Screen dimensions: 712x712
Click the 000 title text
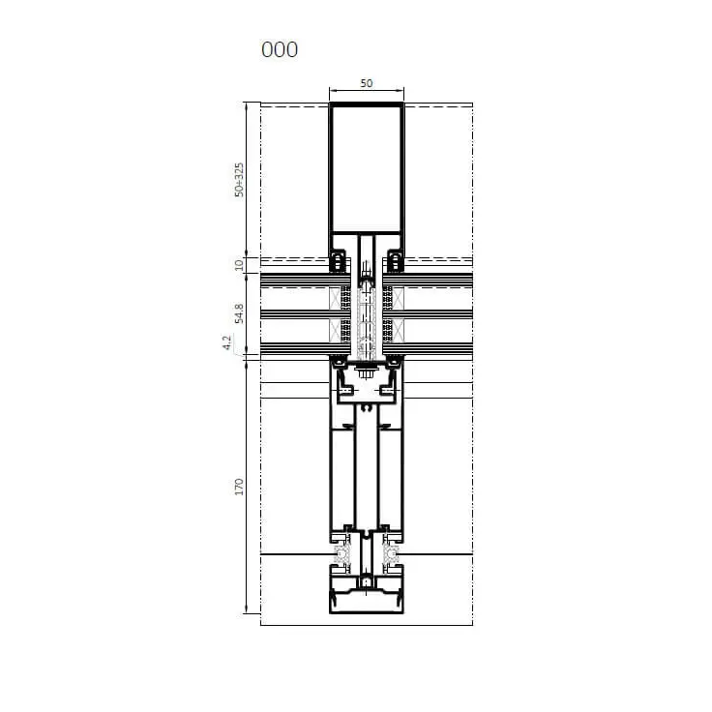(280, 49)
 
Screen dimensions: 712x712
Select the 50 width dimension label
(366, 83)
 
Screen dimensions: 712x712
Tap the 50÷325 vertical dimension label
(239, 180)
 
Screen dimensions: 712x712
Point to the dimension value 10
(239, 264)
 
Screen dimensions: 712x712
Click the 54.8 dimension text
(239, 313)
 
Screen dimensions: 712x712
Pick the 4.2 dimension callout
(226, 342)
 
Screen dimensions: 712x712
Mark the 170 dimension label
(239, 487)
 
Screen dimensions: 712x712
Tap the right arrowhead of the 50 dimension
(400, 91)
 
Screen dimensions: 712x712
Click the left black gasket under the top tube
(338, 261)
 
